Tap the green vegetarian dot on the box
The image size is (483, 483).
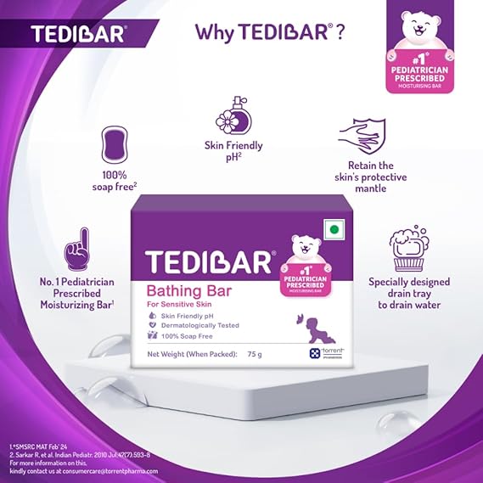tap(334, 229)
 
